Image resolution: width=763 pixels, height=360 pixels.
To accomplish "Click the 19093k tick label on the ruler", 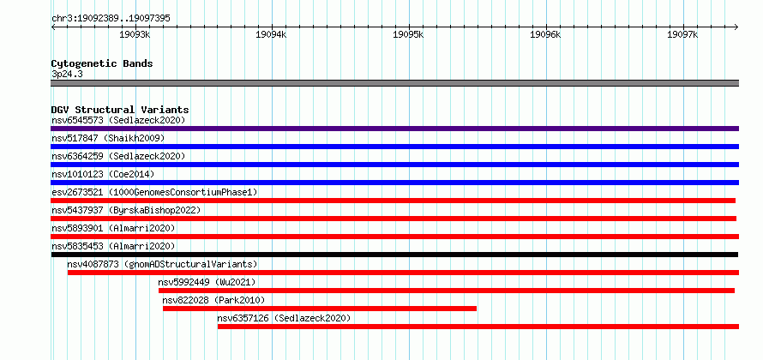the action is [x=135, y=34].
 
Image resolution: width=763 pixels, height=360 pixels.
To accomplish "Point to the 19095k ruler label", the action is [x=409, y=34].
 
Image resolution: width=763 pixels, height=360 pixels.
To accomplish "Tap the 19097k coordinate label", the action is [x=683, y=34].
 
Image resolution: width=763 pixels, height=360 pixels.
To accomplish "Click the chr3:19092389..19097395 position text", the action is [x=111, y=19].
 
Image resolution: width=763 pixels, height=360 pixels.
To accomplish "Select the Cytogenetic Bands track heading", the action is [x=102, y=63].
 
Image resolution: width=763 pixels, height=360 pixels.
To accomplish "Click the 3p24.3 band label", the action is [x=67, y=75].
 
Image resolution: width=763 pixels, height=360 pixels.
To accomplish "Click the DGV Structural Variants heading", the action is [x=120, y=110].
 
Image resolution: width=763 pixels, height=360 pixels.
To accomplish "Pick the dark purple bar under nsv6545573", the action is [x=394, y=129].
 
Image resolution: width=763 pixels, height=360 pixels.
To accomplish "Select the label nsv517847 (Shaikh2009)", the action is [x=108, y=138].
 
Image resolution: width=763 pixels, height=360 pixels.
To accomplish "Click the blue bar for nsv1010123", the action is [x=394, y=183].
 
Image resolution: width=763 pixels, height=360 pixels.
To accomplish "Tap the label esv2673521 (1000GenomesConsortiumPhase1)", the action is [x=154, y=192].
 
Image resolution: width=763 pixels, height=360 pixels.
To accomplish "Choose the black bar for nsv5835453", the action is [x=394, y=255].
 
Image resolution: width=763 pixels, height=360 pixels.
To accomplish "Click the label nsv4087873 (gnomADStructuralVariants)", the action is [x=162, y=264].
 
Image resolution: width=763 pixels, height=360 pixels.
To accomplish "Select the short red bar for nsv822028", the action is [x=320, y=309].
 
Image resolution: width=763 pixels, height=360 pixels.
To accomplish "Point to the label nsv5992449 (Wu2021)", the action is [x=207, y=282].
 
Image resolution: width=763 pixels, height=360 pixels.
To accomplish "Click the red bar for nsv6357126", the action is [x=478, y=327].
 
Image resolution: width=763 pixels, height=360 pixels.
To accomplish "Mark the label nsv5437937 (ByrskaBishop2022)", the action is [x=126, y=210].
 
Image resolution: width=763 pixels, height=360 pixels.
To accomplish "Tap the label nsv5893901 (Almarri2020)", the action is [x=113, y=228].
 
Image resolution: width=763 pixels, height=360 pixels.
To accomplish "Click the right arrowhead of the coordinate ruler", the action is [x=737, y=27].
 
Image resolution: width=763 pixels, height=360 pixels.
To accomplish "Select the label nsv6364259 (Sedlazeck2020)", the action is [x=118, y=156].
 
